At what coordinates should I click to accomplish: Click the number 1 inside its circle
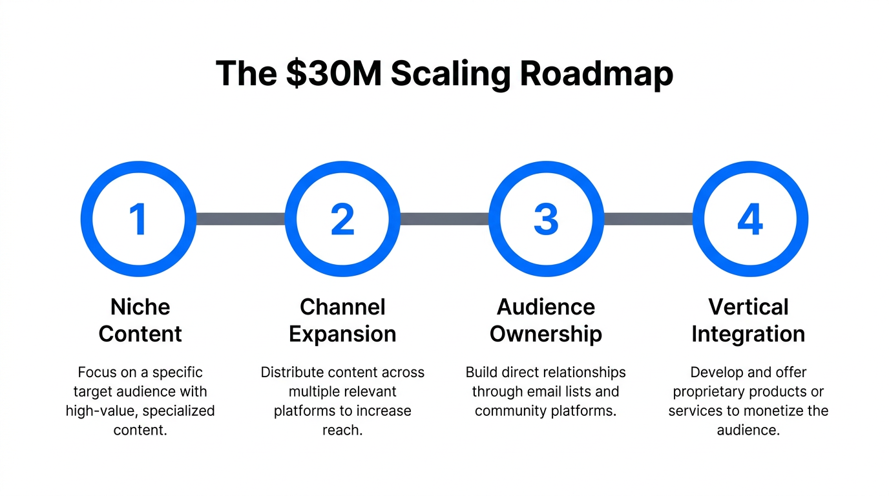[138, 219]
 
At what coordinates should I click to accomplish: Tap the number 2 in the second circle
[342, 219]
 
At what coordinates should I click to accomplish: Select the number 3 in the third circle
[546, 219]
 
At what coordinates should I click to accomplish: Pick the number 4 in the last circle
[749, 219]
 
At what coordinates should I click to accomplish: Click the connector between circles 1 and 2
[240, 219]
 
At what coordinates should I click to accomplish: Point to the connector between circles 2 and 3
[444, 219]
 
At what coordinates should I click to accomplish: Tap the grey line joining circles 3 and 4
[648, 219]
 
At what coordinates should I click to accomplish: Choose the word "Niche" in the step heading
[140, 307]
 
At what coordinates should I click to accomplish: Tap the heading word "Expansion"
[342, 335]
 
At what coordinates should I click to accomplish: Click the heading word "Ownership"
[546, 335]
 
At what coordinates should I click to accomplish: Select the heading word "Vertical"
[748, 307]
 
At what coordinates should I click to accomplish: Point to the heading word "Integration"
[748, 335]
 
